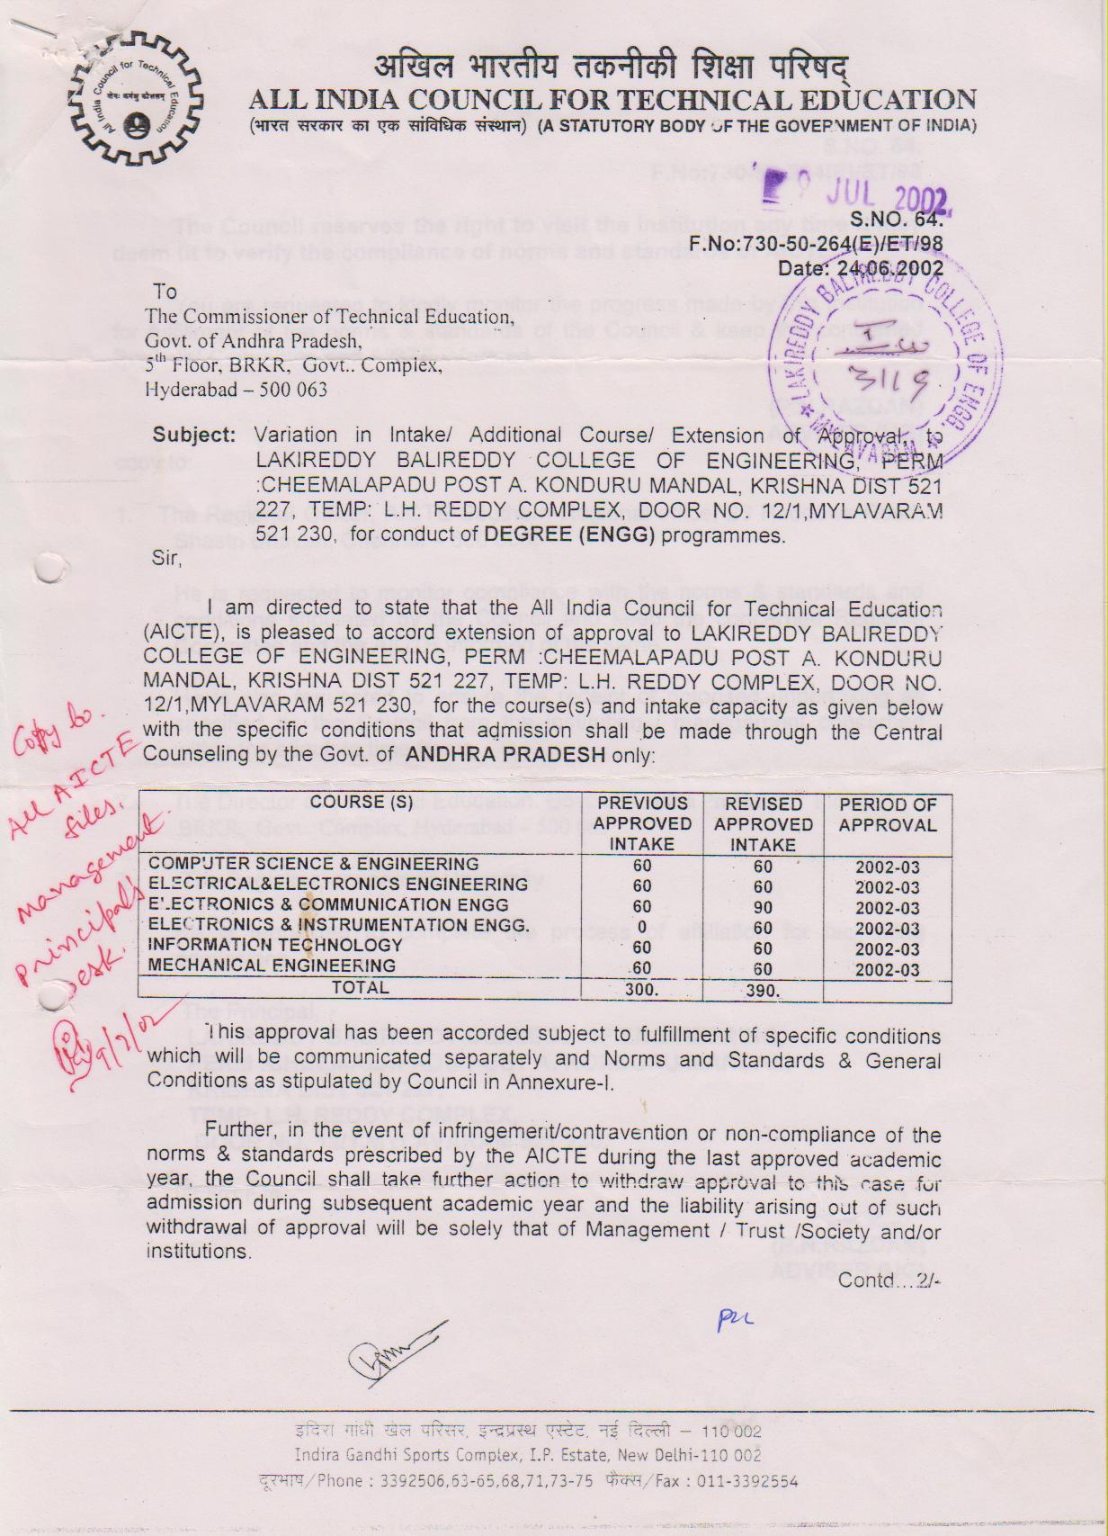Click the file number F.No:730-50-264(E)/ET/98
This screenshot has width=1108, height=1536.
pos(816,244)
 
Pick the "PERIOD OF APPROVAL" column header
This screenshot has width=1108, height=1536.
pos(887,814)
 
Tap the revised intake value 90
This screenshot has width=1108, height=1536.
pos(763,907)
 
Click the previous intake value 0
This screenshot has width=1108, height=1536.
pos(641,927)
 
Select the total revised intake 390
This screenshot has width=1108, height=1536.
pos(763,990)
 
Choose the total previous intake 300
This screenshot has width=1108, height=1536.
pos(641,990)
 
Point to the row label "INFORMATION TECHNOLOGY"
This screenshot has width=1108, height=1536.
pos(275,946)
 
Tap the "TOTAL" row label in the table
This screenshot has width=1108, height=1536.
pos(361,988)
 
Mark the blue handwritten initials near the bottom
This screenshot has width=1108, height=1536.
pos(734,1320)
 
